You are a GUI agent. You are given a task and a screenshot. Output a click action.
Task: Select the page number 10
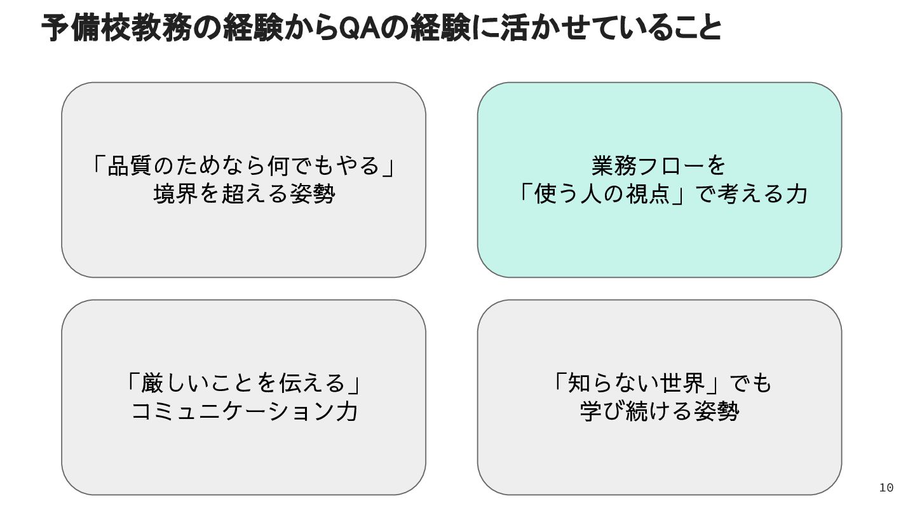886,488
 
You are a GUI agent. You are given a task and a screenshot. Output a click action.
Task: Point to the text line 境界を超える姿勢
244,194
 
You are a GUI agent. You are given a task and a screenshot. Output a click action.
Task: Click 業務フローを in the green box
659,166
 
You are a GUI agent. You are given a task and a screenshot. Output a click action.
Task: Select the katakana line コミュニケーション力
244,411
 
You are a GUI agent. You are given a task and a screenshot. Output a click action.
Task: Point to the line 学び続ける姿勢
659,411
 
